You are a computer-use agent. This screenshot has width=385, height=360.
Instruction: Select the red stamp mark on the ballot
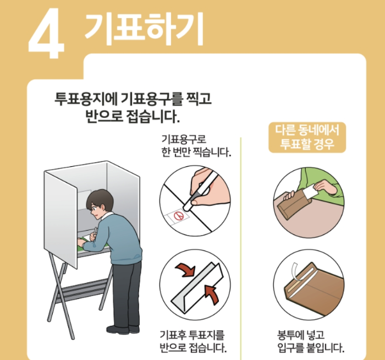tap(178, 216)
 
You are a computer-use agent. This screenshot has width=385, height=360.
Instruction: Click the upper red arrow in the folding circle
tap(185, 270)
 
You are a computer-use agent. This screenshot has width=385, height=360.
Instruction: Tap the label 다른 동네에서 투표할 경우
tap(307, 137)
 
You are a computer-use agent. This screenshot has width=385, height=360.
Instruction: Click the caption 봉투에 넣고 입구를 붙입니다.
tap(311, 341)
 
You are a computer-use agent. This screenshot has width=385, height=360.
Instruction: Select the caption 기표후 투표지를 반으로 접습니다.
tap(193, 341)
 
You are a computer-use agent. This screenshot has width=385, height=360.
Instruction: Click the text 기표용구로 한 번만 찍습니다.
tap(196, 146)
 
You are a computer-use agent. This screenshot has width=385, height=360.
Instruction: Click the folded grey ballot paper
tap(197, 288)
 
